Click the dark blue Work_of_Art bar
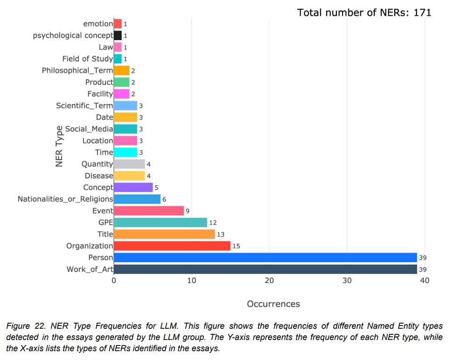(x=265, y=269)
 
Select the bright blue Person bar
(x=265, y=257)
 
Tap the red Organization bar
(x=172, y=246)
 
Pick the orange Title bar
(x=164, y=234)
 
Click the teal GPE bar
(x=161, y=222)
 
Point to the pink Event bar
(x=149, y=211)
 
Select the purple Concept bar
(x=133, y=187)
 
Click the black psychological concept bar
(x=118, y=35)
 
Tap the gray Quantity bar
(x=129, y=164)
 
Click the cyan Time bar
(x=126, y=152)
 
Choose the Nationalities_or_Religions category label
(x=65, y=199)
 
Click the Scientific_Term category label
(x=84, y=105)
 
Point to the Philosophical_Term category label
(x=77, y=70)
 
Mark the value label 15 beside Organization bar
(x=236, y=246)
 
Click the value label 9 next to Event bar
(x=188, y=211)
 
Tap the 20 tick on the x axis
(x=269, y=280)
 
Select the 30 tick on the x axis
(x=347, y=280)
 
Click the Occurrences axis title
(x=273, y=304)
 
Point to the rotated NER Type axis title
(x=59, y=146)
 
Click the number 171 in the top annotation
(x=422, y=13)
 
